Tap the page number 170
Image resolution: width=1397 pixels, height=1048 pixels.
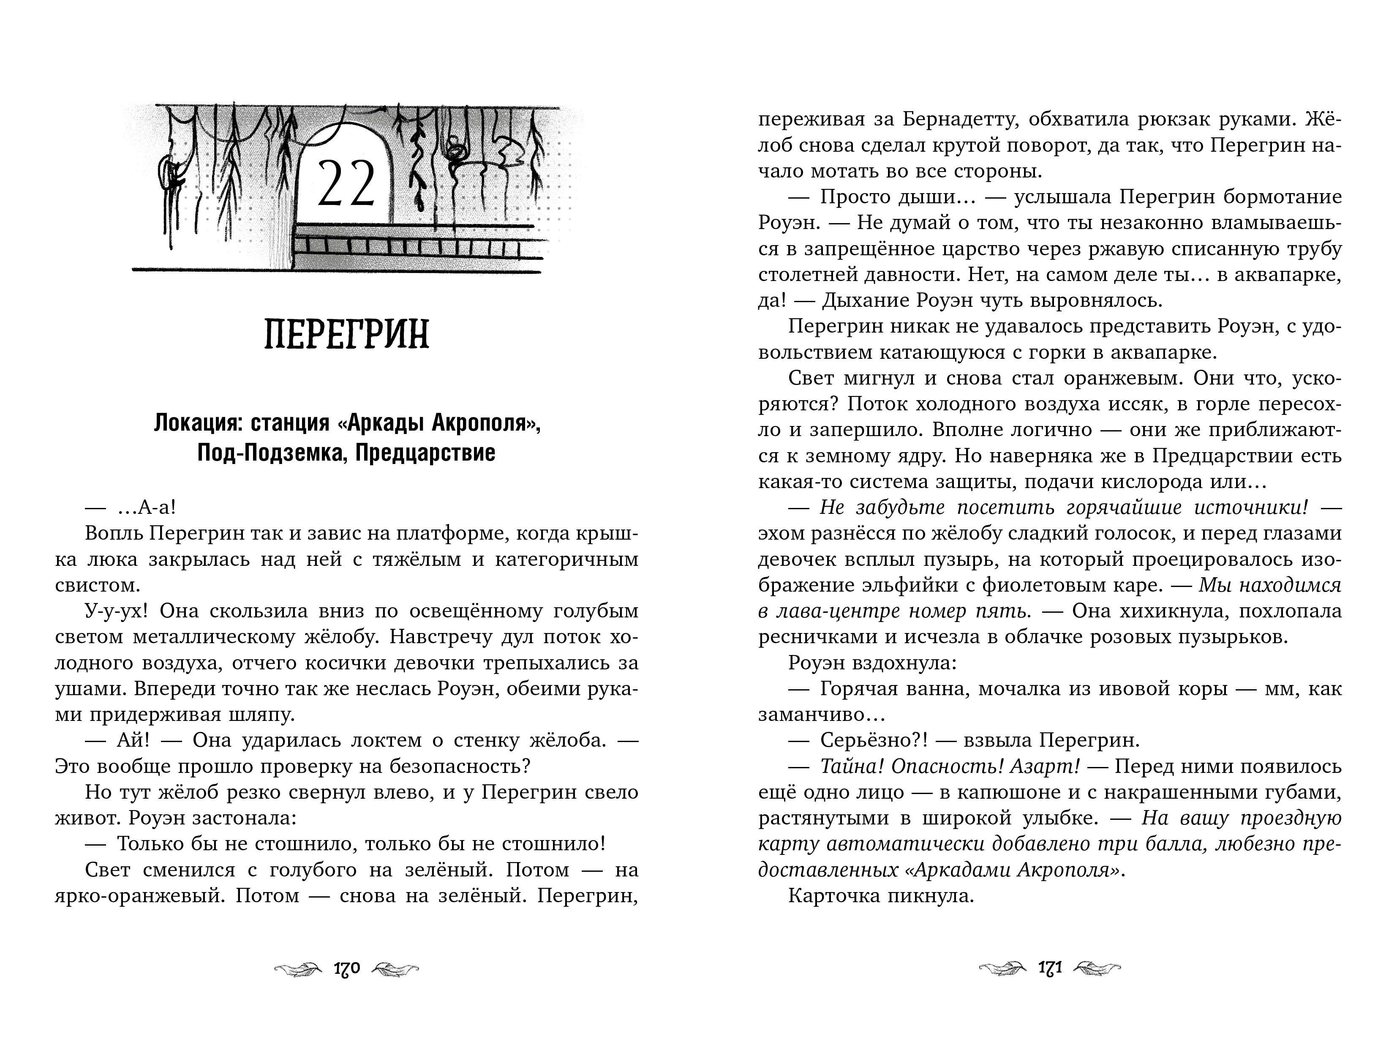(x=346, y=969)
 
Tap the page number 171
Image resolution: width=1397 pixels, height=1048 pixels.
(x=1050, y=969)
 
